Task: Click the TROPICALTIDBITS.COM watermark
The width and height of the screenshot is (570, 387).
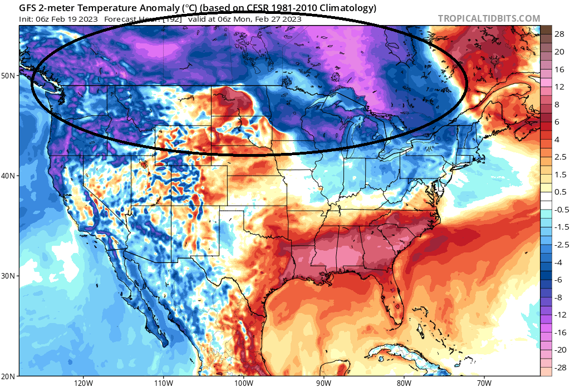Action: (489, 18)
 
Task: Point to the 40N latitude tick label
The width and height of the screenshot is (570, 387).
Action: (9, 175)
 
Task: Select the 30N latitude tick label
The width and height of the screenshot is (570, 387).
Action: (9, 276)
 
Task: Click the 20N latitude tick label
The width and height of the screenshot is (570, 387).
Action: (9, 376)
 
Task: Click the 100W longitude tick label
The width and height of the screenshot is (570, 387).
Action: (243, 383)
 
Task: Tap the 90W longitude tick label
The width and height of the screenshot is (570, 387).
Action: (323, 383)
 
